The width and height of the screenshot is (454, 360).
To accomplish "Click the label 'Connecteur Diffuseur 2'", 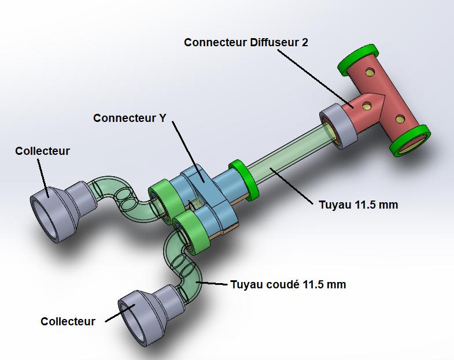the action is click(x=246, y=43).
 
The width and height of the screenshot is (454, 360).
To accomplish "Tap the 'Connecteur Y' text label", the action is click(x=130, y=118).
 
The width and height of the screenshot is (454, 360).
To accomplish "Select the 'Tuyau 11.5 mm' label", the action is click(x=358, y=205).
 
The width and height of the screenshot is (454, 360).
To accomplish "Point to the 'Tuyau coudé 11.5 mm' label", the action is click(x=288, y=284).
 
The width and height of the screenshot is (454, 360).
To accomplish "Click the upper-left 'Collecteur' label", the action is click(x=42, y=151).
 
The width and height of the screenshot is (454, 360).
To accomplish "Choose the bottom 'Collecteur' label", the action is click(x=68, y=321).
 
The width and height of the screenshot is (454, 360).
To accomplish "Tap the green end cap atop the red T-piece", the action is click(x=358, y=60).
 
